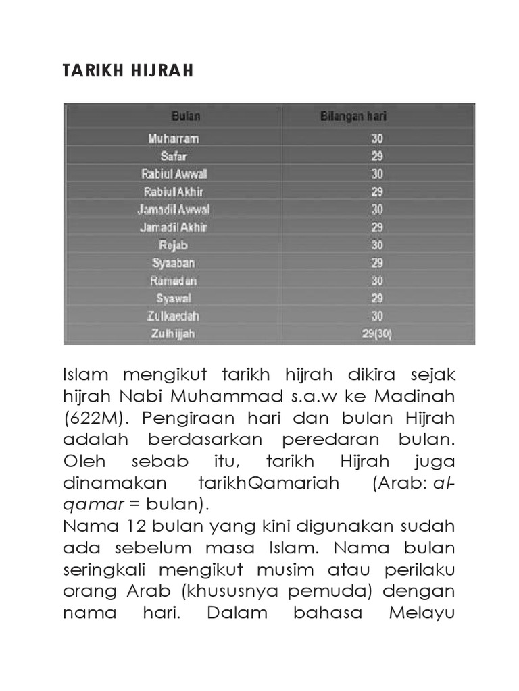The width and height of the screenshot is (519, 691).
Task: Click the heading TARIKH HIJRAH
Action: (128, 71)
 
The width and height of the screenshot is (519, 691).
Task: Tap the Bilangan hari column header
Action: (353, 117)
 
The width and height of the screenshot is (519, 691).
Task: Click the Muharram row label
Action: (174, 138)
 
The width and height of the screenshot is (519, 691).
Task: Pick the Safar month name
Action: (174, 156)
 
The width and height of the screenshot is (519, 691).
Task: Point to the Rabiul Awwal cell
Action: (174, 173)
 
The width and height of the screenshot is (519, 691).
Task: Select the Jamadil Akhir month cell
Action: (174, 227)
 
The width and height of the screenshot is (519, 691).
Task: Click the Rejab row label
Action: (174, 244)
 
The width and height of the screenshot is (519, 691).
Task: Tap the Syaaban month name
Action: (174, 262)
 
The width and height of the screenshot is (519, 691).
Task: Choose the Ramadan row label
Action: (174, 280)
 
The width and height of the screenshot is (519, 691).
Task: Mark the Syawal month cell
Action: (174, 298)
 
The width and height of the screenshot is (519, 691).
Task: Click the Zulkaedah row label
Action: (174, 315)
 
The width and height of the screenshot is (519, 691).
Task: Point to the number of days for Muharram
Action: (376, 138)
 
